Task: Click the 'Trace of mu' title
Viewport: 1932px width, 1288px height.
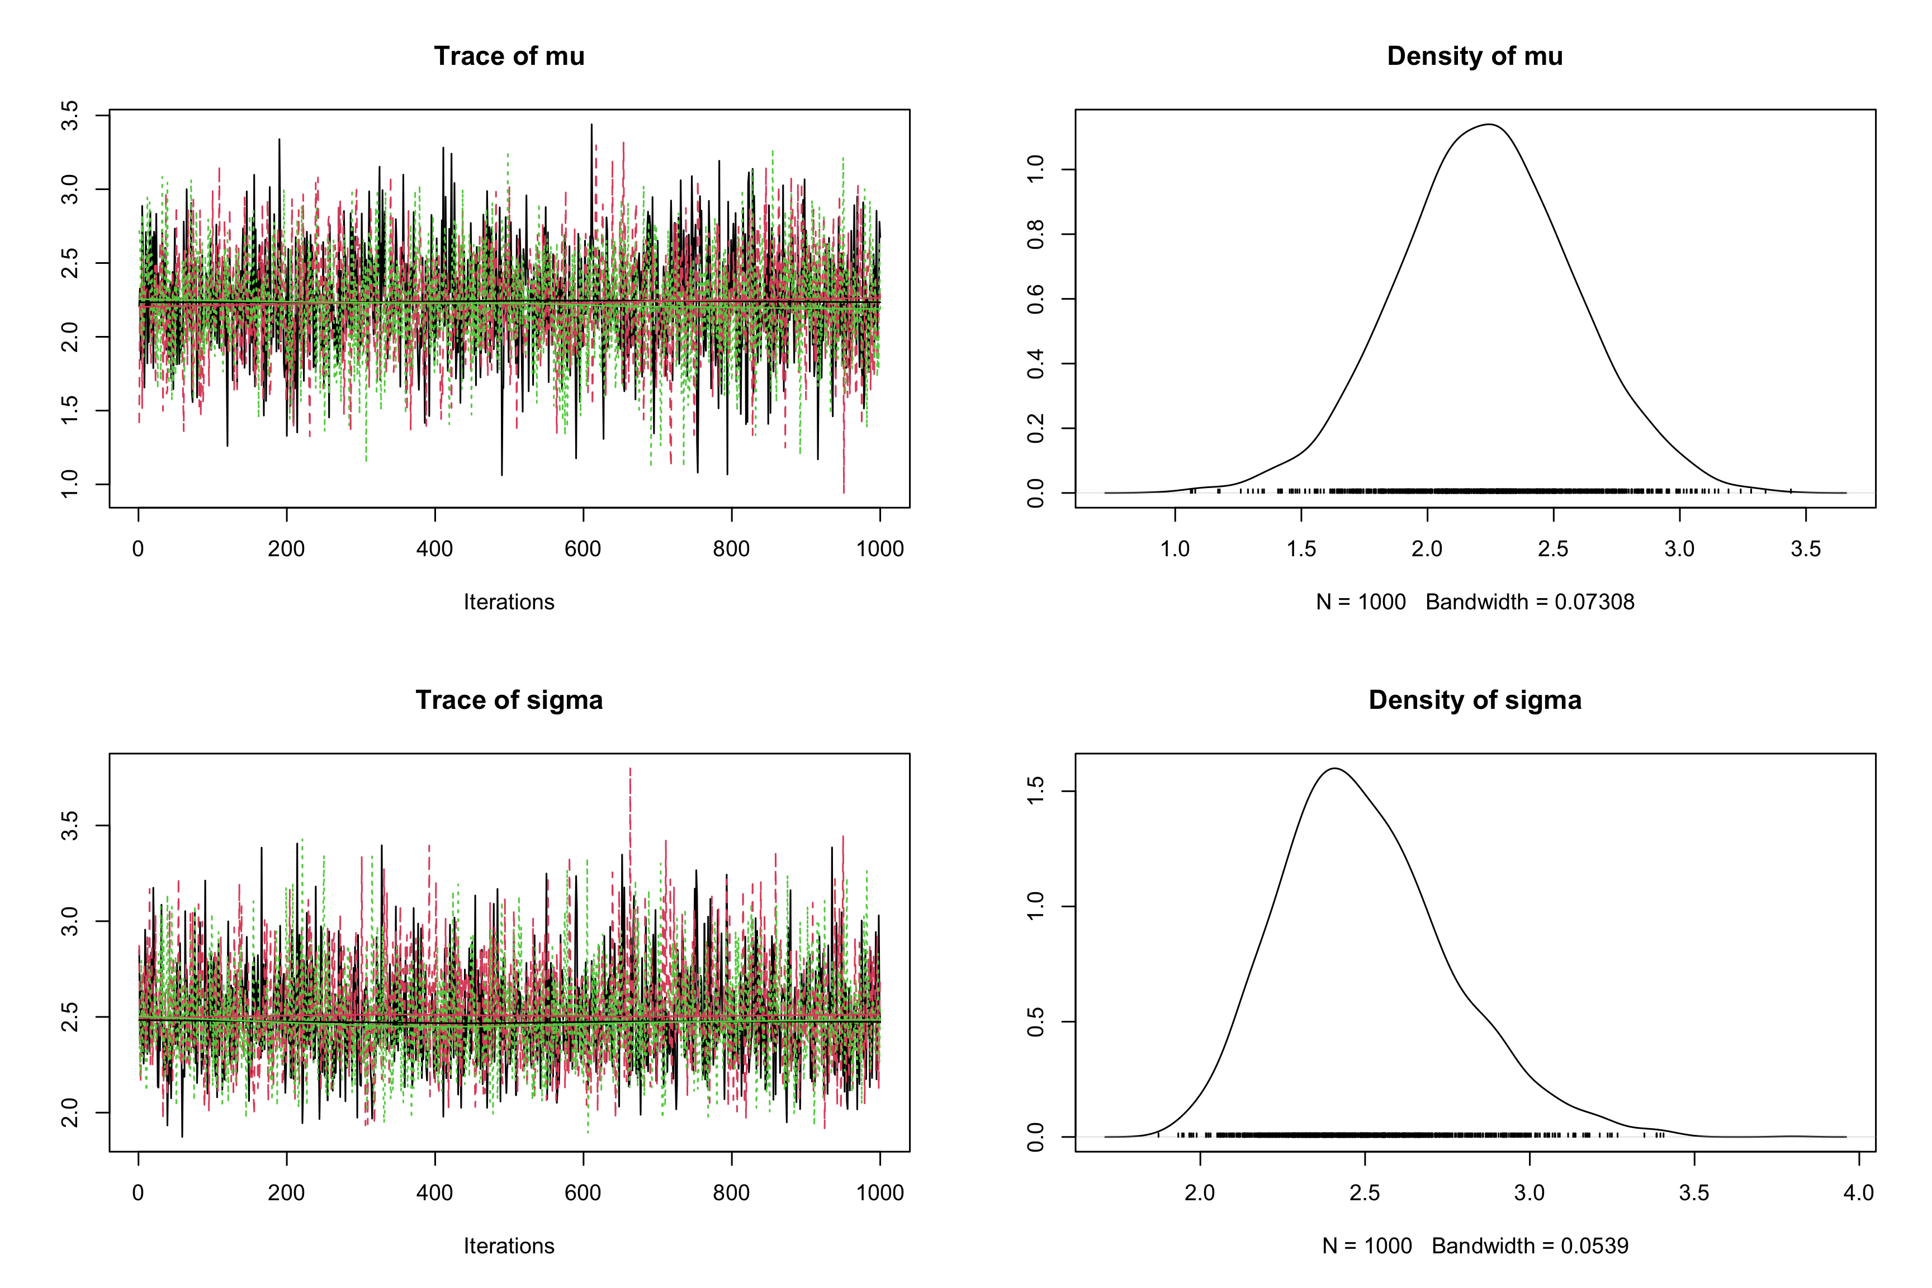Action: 509,56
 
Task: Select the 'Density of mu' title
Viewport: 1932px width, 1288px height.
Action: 1475,56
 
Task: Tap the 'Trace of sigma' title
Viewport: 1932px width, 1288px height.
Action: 509,700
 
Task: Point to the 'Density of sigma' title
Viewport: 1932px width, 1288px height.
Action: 1475,700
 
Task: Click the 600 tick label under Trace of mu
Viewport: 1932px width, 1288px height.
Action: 583,549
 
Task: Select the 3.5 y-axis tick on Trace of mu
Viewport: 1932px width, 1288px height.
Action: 70,116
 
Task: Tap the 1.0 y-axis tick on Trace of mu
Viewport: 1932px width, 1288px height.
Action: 70,484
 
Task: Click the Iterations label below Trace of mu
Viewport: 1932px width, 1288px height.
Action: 509,602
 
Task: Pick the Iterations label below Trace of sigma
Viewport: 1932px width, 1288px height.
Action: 509,1246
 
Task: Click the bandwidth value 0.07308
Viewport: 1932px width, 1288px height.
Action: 1594,602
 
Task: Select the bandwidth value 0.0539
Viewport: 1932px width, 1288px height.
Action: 1594,1246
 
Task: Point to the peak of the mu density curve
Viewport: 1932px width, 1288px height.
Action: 1489,125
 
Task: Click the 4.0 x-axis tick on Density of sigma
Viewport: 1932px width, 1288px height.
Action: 1858,1193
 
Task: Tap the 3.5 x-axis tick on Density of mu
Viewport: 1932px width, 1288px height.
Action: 1806,549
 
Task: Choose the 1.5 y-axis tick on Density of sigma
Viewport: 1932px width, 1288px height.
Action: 1036,791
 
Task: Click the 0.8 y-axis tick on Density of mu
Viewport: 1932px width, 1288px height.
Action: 1036,234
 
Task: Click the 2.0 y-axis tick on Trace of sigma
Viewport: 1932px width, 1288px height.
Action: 70,1113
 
